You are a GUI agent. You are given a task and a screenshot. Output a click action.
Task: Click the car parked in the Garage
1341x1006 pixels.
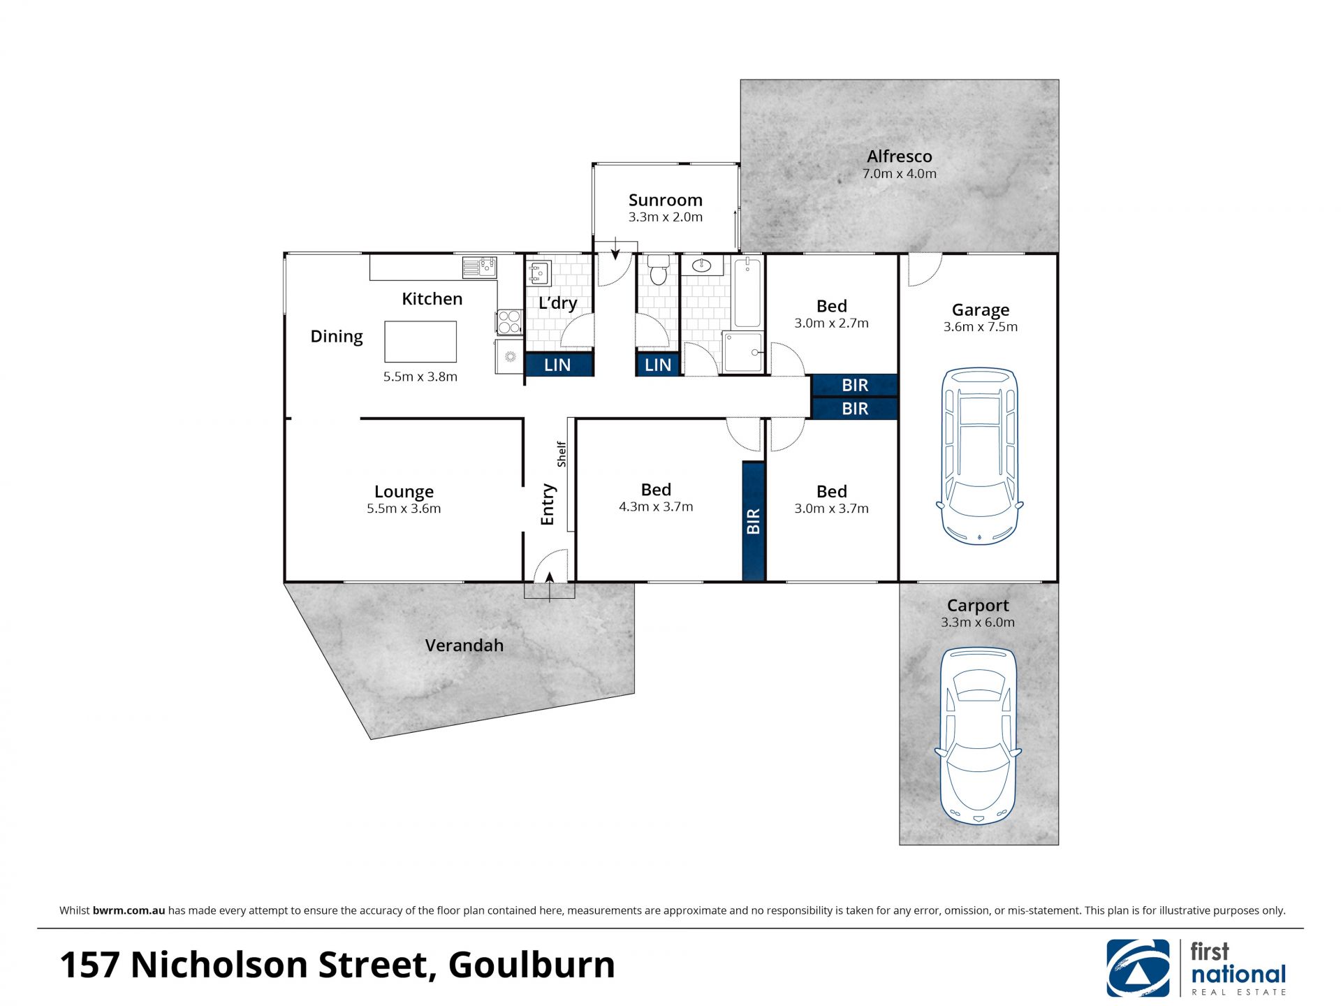[x=979, y=456]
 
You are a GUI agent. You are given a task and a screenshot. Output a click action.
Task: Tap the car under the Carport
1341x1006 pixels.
[x=978, y=736]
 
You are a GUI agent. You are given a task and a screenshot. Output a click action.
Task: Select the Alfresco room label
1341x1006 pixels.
[x=900, y=156]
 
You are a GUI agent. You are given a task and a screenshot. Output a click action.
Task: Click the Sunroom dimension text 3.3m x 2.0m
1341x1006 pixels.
[x=666, y=217]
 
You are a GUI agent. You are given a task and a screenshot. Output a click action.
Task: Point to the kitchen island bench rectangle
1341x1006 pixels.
[x=420, y=342]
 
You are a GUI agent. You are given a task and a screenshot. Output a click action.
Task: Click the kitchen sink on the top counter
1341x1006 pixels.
[x=479, y=267]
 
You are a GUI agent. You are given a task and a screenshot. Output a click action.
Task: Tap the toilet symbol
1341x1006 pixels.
[x=658, y=269]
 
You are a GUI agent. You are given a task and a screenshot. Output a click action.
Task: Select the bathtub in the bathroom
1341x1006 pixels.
[x=747, y=292]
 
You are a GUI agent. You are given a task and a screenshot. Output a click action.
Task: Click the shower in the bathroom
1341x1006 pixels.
[x=742, y=352]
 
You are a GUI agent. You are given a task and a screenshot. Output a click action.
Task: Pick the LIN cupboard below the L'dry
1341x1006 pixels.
[x=558, y=365]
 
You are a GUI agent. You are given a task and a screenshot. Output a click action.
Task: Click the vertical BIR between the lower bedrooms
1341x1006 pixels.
[x=753, y=521]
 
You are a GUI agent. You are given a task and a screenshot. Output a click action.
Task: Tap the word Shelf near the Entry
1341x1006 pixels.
[x=562, y=454]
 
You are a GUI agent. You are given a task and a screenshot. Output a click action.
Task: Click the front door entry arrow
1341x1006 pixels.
[x=550, y=587]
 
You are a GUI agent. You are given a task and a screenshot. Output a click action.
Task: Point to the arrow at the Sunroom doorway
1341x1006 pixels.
[x=615, y=248]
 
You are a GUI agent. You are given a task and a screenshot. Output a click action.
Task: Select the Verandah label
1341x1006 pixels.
[x=464, y=646]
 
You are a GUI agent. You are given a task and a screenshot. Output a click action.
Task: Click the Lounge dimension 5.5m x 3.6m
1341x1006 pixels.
[x=404, y=509]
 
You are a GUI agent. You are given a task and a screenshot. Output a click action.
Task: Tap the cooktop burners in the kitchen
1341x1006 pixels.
[x=510, y=322]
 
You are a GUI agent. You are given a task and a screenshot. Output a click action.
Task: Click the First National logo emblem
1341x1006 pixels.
[x=1138, y=968]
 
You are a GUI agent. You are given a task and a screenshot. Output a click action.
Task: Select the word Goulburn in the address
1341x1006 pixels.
[x=532, y=965]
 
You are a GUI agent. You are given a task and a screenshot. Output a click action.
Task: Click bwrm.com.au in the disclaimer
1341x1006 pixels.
[x=129, y=910]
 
